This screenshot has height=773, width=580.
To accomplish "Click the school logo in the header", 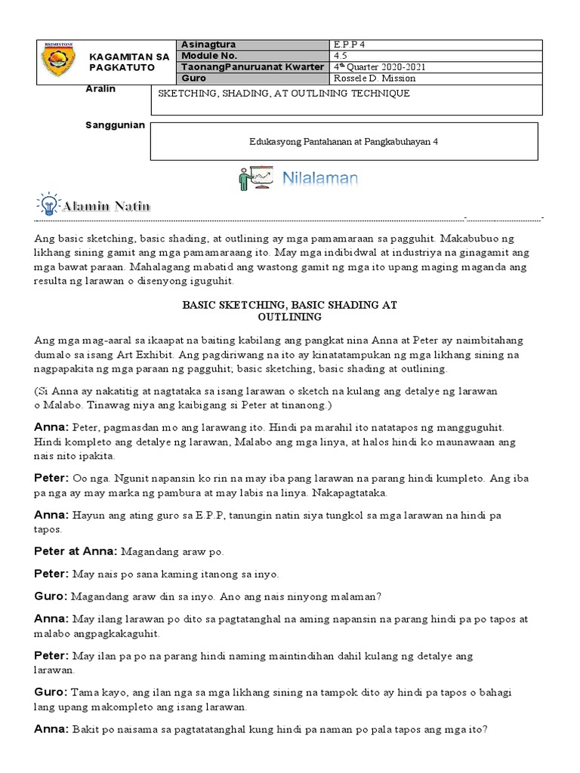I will [57, 61].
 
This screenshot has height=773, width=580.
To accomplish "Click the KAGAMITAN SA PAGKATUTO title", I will [129, 62].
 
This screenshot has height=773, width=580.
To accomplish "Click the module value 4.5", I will [341, 56].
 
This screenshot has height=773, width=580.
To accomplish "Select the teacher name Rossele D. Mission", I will [375, 79].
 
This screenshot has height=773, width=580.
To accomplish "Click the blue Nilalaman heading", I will [320, 179].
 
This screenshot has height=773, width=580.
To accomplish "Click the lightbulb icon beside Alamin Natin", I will [48, 205].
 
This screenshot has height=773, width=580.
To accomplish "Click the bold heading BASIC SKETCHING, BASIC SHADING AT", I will [289, 304].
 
